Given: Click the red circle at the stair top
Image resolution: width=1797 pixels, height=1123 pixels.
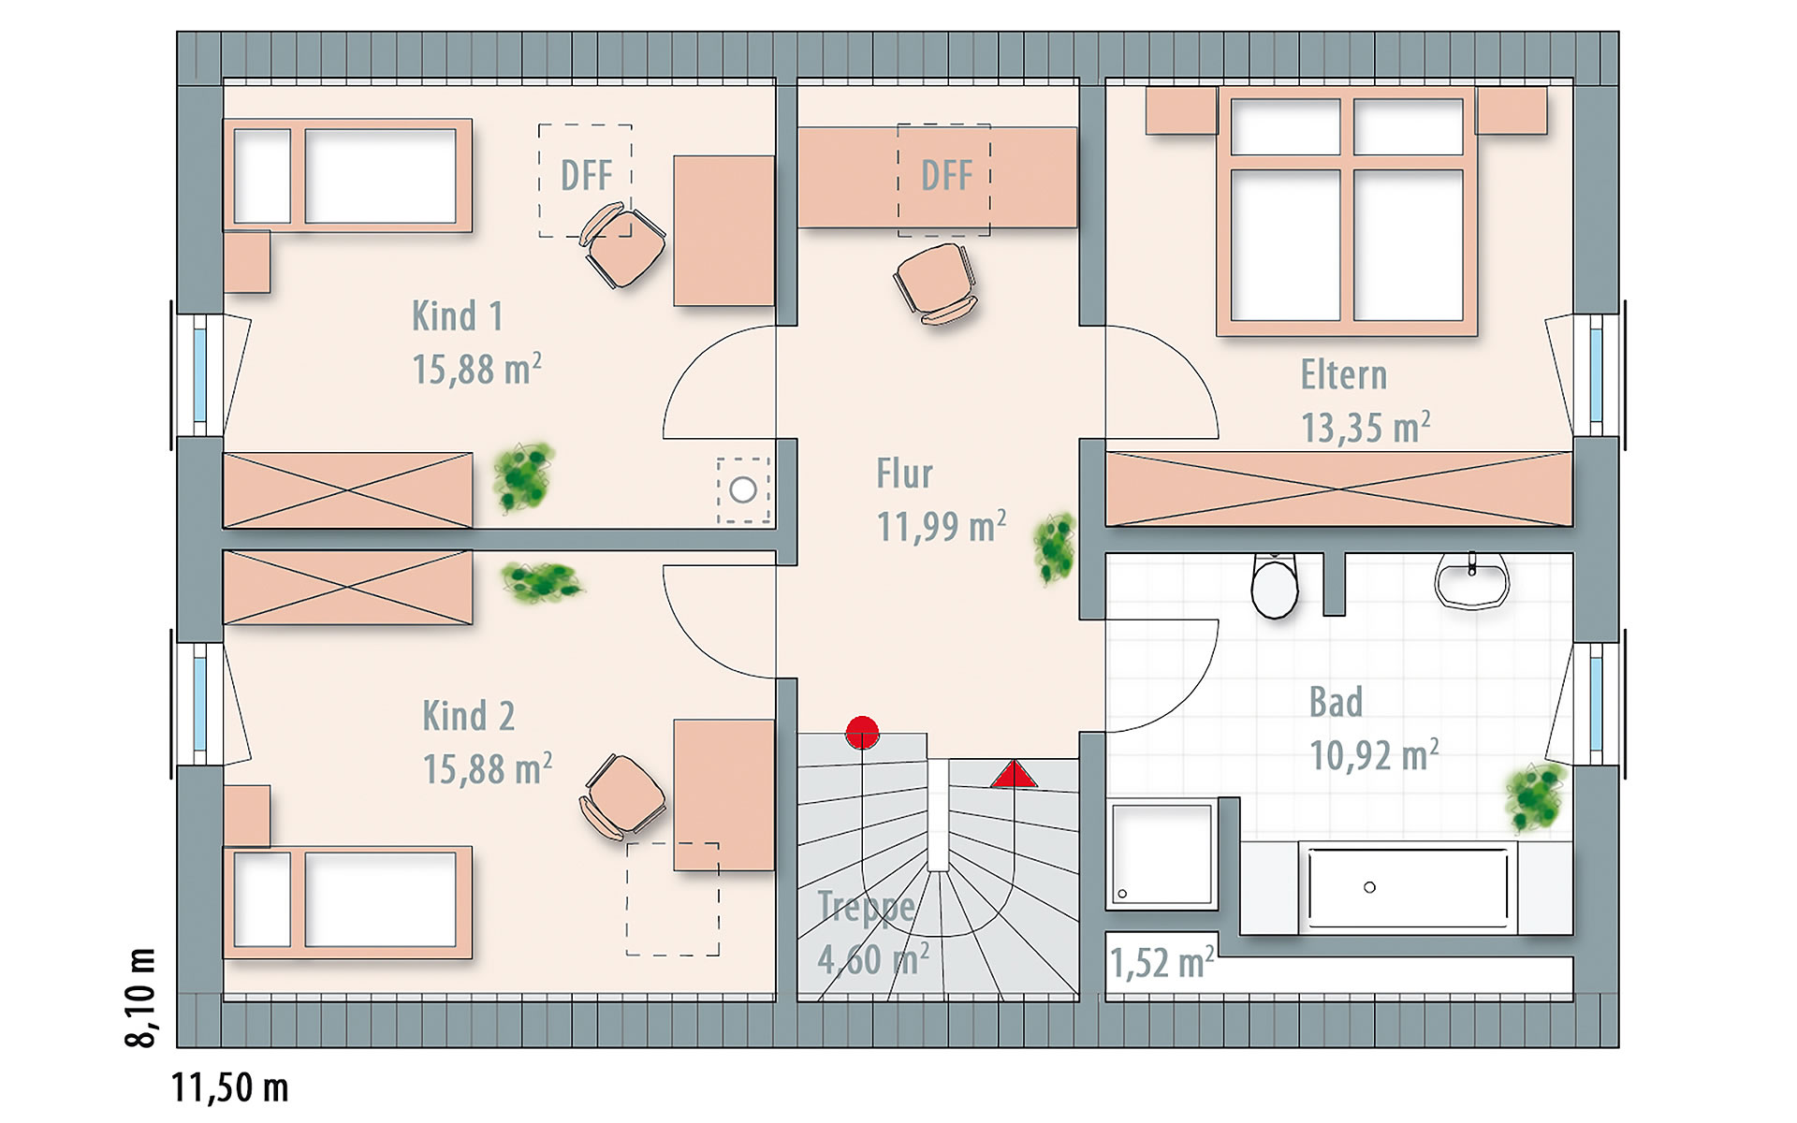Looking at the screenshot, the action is (862, 733).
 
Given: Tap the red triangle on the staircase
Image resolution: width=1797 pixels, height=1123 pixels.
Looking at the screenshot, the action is (1014, 774).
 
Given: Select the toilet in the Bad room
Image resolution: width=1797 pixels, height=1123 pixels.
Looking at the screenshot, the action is (1275, 586).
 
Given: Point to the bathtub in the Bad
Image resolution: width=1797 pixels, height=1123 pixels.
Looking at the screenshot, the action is (1407, 887).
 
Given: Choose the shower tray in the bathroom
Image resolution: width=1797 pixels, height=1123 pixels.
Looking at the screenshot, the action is (1161, 853).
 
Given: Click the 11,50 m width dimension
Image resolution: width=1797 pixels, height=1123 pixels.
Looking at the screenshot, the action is (230, 1087).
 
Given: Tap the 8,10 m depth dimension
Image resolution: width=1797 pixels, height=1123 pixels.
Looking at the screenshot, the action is (141, 997).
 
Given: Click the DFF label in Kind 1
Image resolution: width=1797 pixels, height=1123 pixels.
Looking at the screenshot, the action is (586, 175).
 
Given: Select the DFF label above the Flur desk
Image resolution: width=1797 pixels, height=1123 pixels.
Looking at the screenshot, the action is (946, 175).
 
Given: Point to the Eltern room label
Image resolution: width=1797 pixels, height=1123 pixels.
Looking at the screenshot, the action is (1343, 374).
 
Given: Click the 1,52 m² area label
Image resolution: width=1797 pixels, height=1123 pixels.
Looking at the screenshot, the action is (1161, 962).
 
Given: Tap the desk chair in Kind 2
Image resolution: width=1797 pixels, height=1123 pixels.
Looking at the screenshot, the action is (622, 795).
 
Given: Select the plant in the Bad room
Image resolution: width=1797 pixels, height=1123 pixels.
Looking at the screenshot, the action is (1535, 797).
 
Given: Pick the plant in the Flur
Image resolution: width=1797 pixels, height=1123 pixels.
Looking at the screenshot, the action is (1055, 547).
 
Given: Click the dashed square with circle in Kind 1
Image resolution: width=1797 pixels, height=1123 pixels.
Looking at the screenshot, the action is (743, 489).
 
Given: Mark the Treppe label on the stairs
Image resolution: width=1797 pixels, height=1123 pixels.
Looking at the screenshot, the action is (866, 907).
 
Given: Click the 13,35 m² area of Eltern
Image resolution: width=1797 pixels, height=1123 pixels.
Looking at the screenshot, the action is (1366, 427).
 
